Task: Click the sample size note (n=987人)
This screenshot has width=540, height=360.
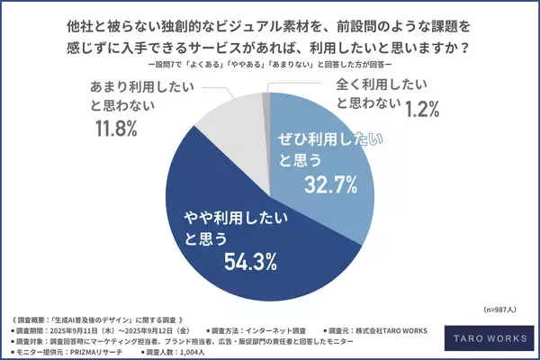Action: (x=499, y=308)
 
